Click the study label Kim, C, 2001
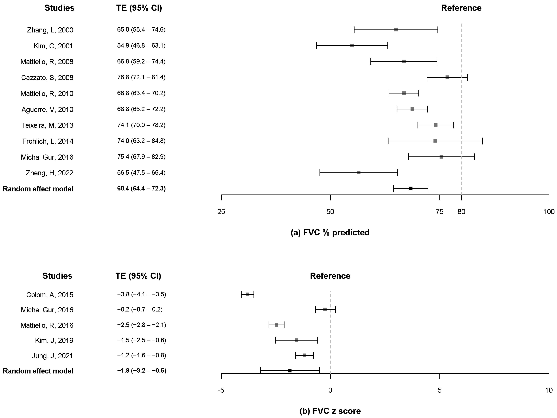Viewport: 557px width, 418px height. click(53, 46)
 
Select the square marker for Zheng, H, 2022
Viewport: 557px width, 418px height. click(359, 173)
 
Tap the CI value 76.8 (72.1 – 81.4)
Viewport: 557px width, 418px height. click(141, 77)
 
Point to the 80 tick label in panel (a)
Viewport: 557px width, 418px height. click(461, 212)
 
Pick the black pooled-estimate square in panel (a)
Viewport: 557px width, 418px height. click(410, 189)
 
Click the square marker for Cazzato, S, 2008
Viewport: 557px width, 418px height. click(447, 77)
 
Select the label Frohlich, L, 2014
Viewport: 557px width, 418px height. click(48, 141)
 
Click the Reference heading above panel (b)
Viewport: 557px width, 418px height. click(330, 276)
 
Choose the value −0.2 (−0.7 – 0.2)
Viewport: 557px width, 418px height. click(140, 309)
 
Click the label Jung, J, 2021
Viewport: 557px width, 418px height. click(52, 356)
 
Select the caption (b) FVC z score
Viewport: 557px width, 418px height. click(330, 411)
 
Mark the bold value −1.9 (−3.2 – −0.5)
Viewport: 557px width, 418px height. click(142, 371)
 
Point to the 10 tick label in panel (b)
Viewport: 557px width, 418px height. click(549, 390)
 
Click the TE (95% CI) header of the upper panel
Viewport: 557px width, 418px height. click(139, 8)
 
